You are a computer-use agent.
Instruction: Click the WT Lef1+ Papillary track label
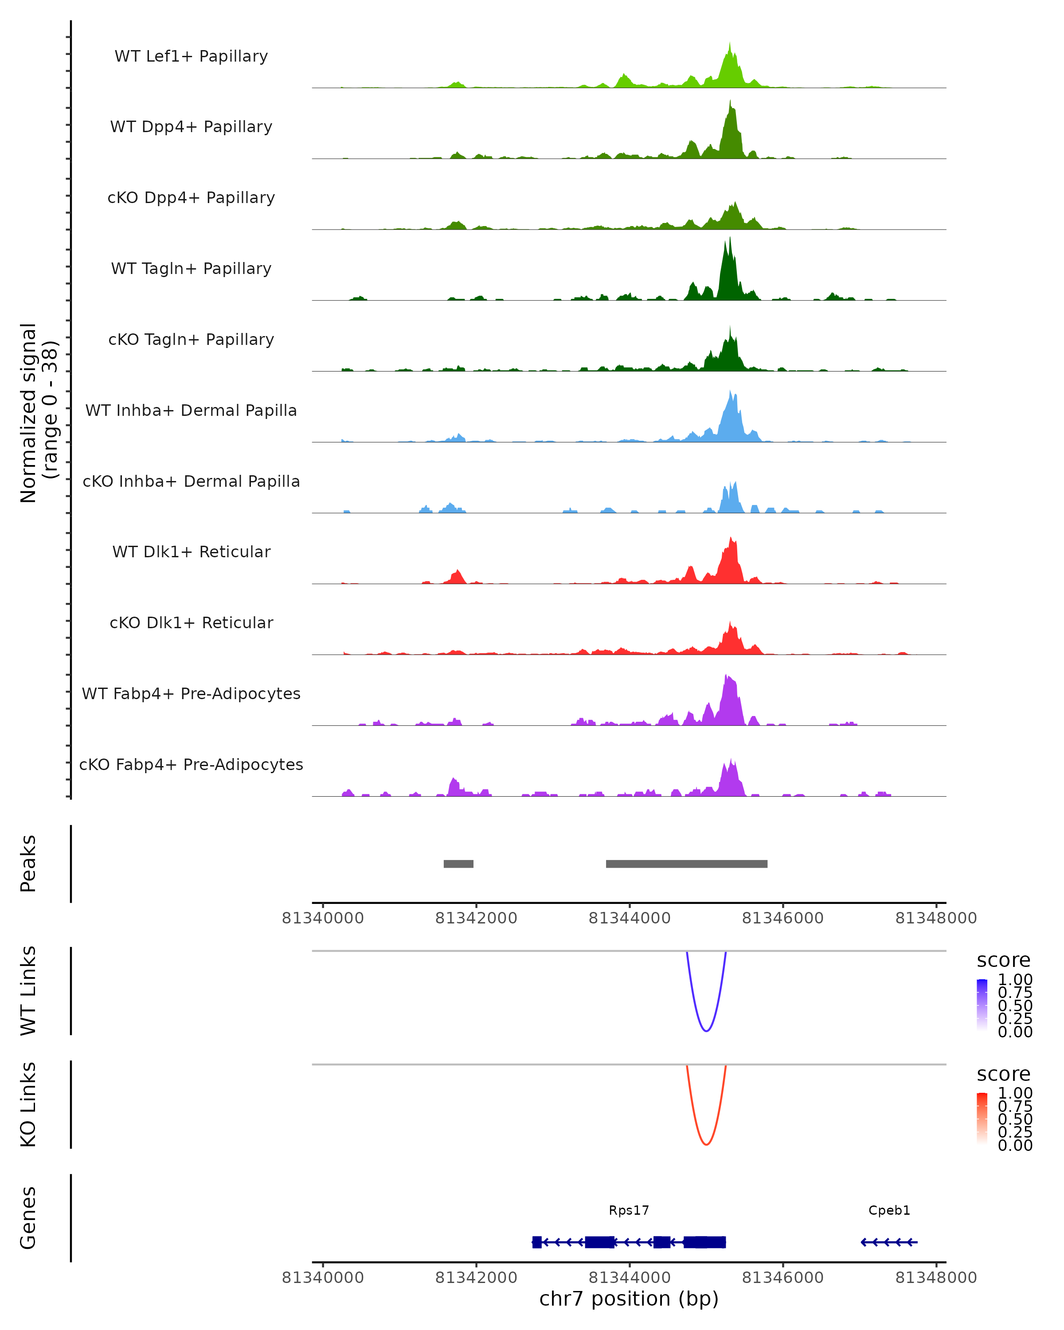tap(191, 56)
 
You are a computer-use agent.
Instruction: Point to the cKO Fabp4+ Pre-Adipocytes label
tap(191, 764)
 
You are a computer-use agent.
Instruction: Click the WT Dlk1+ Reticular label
tap(191, 552)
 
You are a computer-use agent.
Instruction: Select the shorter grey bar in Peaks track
tap(458, 864)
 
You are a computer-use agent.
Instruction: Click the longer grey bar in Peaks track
tap(687, 864)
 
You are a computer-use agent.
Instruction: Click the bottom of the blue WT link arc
tap(706, 1031)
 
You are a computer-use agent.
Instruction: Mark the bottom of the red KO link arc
tap(706, 1144)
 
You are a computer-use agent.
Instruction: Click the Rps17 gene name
tap(629, 1210)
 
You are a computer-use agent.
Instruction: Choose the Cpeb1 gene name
tap(889, 1210)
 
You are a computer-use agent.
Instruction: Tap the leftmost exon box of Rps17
tap(536, 1242)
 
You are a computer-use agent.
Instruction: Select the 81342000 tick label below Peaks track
tap(476, 918)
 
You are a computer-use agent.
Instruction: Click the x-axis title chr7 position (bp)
tap(629, 1299)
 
